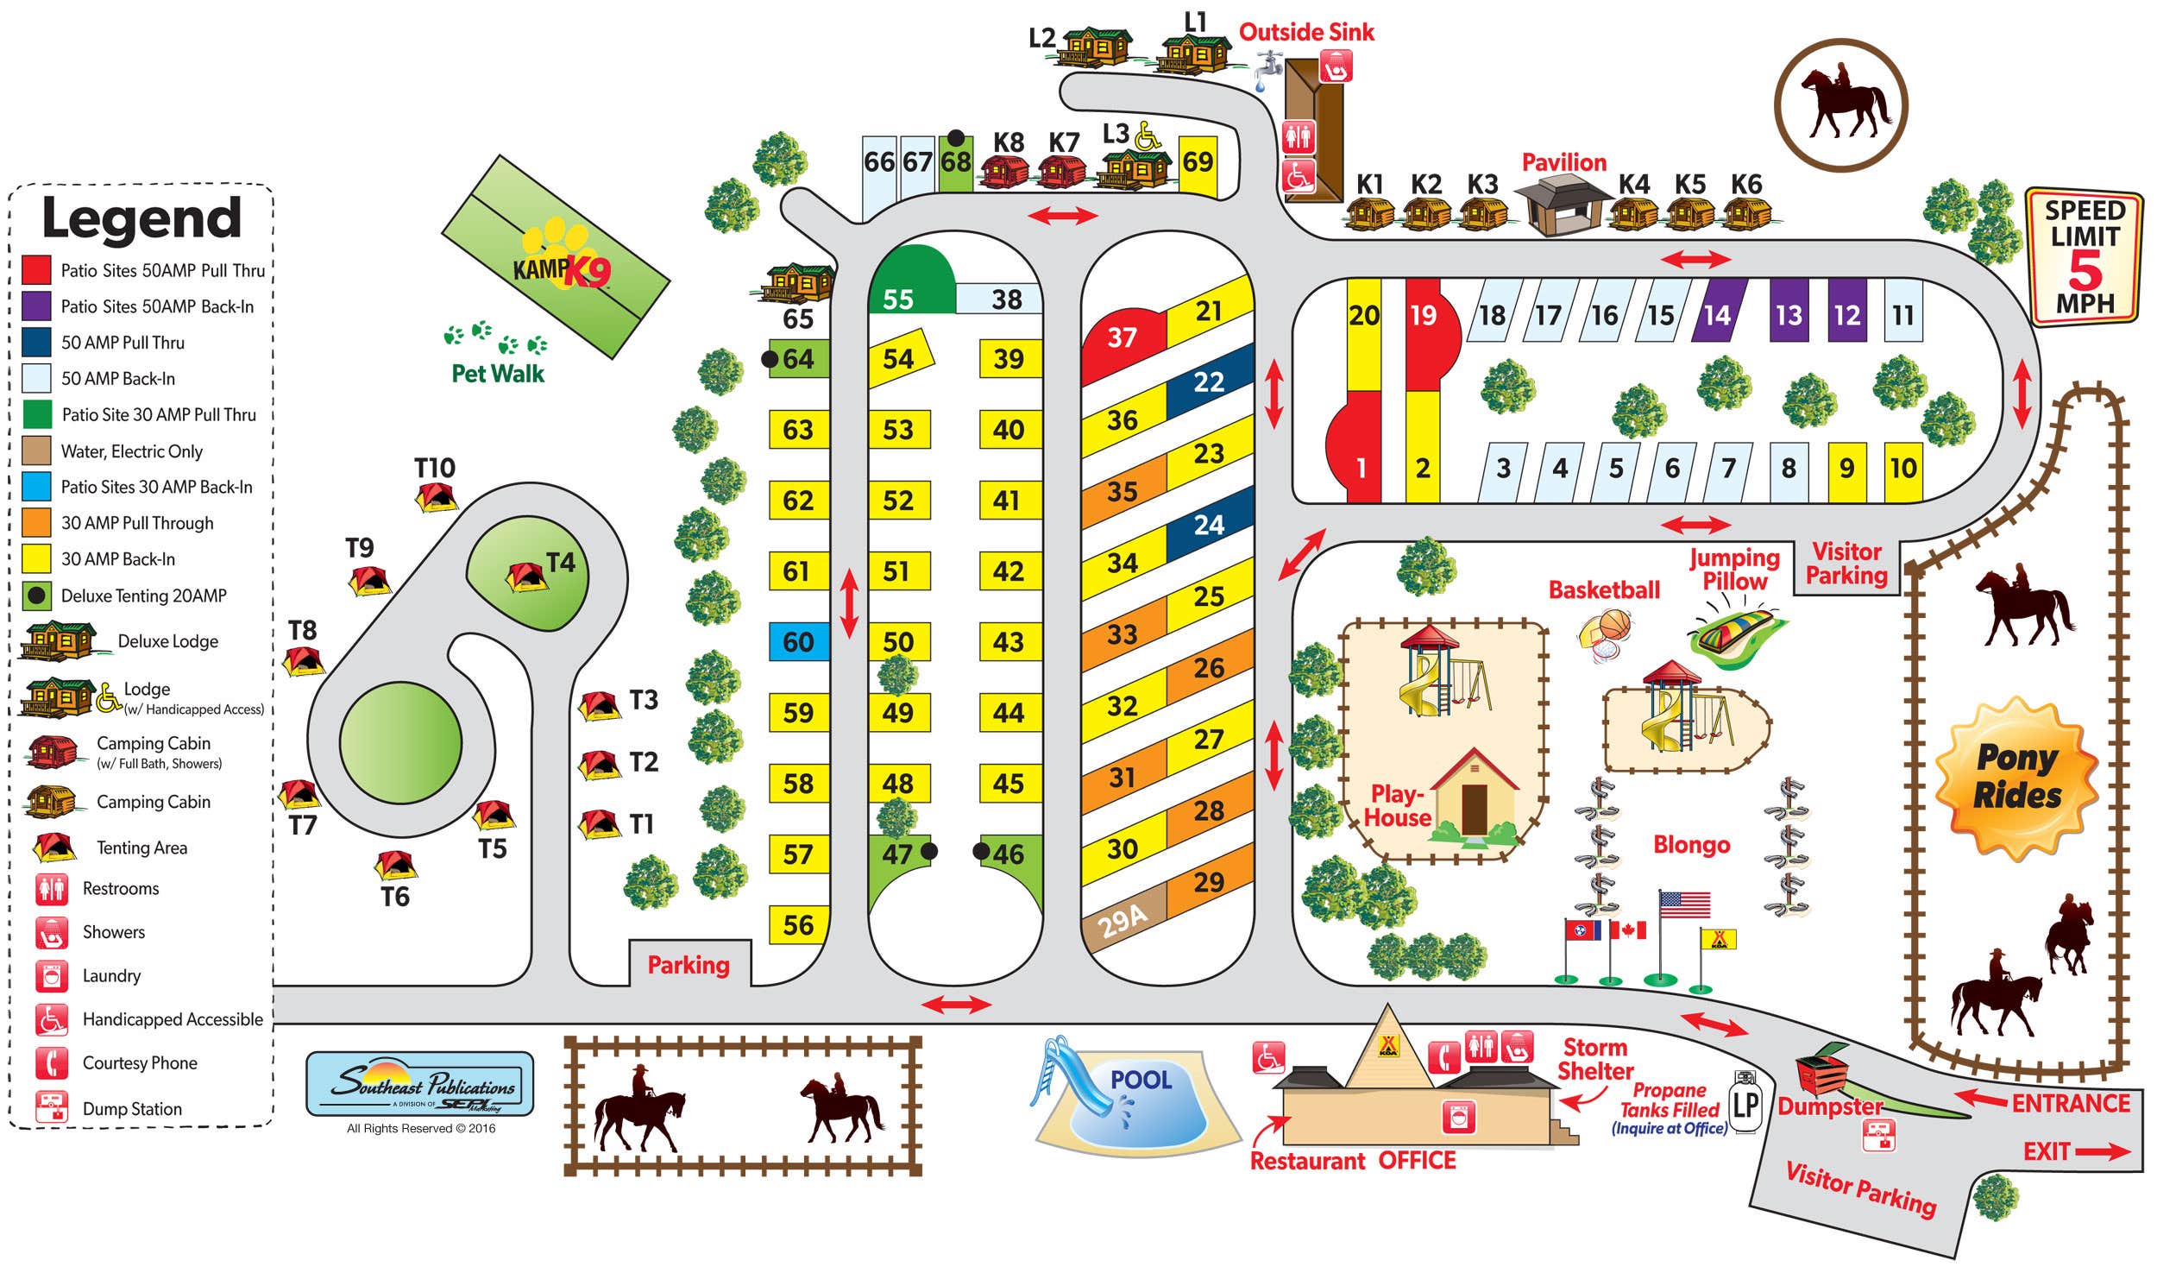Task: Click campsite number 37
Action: pyautogui.click(x=1122, y=337)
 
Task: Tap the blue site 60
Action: pyautogui.click(x=798, y=642)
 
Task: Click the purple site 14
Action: pyautogui.click(x=1717, y=314)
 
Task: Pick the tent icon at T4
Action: pyautogui.click(x=527, y=577)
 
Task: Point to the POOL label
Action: pyautogui.click(x=1141, y=1080)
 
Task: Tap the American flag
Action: pyautogui.click(x=1683, y=904)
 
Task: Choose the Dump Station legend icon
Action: pyautogui.click(x=51, y=1107)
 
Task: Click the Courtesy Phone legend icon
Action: pyautogui.click(x=51, y=1062)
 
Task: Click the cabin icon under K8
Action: pyautogui.click(x=1004, y=171)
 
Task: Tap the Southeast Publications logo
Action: pyautogui.click(x=420, y=1084)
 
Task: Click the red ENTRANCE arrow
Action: pyautogui.click(x=1980, y=1099)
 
